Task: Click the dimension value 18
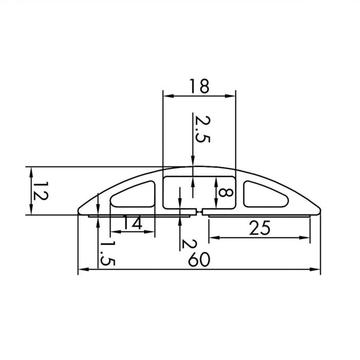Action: pyautogui.click(x=199, y=86)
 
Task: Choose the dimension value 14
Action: pyautogui.click(x=132, y=223)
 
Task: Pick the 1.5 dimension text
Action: pyautogui.click(x=107, y=253)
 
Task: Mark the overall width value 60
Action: pyautogui.click(x=198, y=260)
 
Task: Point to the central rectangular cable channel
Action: pyautogui.click(x=199, y=192)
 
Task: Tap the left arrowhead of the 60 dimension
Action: pyautogui.click(x=82, y=269)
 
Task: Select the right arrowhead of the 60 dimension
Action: pyautogui.click(x=316, y=269)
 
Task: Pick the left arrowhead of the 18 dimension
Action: pyautogui.click(x=166, y=96)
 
